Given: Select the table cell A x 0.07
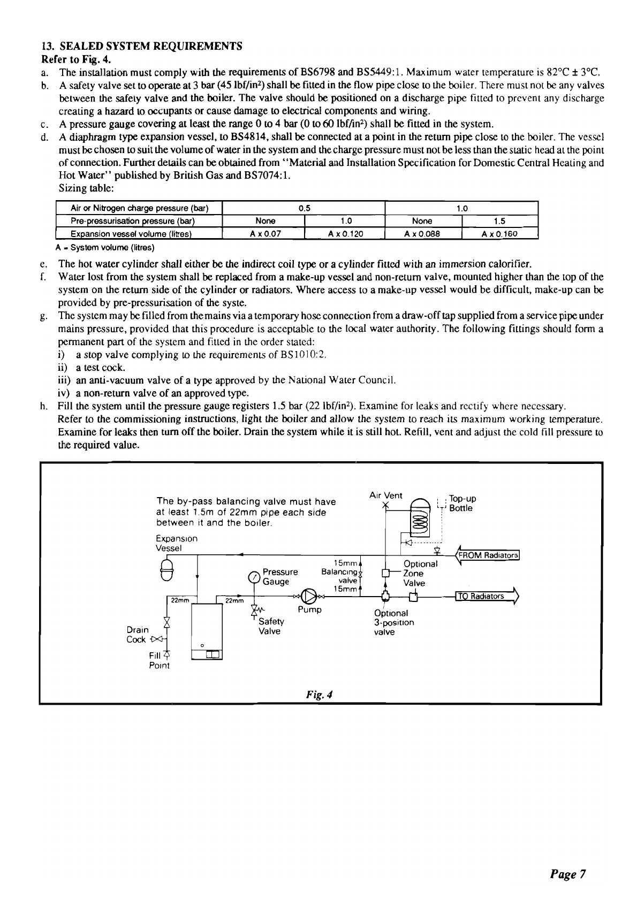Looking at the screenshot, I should (265, 233).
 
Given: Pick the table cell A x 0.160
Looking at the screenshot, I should (500, 233).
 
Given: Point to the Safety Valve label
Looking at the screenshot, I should (271, 626).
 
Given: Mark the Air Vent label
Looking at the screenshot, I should (385, 495).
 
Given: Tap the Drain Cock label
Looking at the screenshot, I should (136, 635).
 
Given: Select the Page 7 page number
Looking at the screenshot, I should (567, 874).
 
